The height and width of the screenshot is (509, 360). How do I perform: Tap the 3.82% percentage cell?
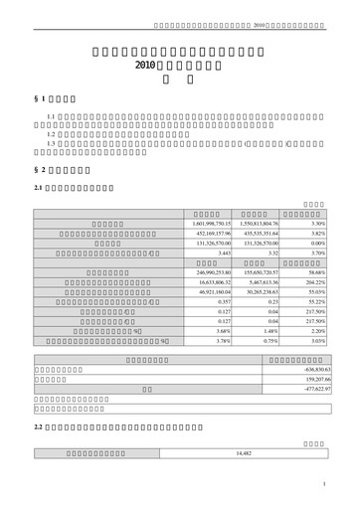[x=312, y=234]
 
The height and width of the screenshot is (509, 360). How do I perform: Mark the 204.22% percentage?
[x=311, y=281]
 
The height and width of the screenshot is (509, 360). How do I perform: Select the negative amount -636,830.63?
[x=309, y=369]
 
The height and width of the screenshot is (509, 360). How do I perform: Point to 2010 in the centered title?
[x=146, y=63]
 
